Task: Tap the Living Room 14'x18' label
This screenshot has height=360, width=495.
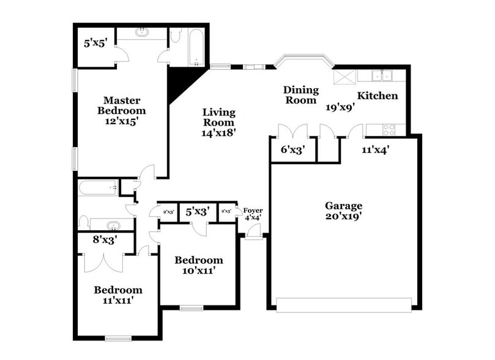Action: (x=219, y=121)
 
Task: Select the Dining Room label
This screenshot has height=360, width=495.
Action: (x=300, y=95)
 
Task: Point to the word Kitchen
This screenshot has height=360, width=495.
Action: (x=378, y=96)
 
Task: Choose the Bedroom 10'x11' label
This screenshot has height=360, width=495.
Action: (x=198, y=264)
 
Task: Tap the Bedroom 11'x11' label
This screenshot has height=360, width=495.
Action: (x=117, y=294)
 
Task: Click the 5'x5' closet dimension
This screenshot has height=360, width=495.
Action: (x=96, y=43)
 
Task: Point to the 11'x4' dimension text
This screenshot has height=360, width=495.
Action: (x=375, y=149)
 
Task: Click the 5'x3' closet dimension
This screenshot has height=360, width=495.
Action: (x=198, y=211)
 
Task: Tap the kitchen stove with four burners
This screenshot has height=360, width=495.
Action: (x=390, y=129)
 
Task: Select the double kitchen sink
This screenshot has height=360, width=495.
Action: (x=382, y=77)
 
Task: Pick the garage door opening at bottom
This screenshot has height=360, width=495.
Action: (x=344, y=304)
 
